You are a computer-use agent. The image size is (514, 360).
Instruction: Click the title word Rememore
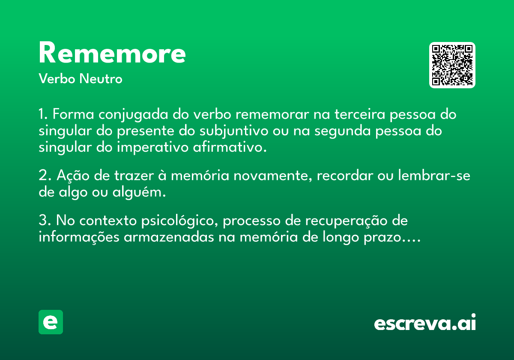click(x=112, y=52)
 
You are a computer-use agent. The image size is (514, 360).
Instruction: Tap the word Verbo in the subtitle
click(x=57, y=78)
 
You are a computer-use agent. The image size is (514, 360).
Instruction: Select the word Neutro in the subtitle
click(x=101, y=78)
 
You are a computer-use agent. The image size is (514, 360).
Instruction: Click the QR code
click(x=452, y=65)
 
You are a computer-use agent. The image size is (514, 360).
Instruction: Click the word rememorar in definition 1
click(x=272, y=114)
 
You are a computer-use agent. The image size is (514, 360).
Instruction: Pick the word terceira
click(x=360, y=114)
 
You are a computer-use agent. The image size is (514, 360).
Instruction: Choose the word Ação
click(x=73, y=176)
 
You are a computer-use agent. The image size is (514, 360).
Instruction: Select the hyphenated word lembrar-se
click(x=434, y=175)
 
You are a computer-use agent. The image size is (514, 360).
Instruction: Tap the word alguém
click(x=139, y=192)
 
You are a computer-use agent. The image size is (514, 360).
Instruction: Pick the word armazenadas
click(x=169, y=237)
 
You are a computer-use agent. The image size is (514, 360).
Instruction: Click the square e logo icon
click(x=51, y=322)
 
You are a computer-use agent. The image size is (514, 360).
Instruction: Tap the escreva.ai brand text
click(x=425, y=322)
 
